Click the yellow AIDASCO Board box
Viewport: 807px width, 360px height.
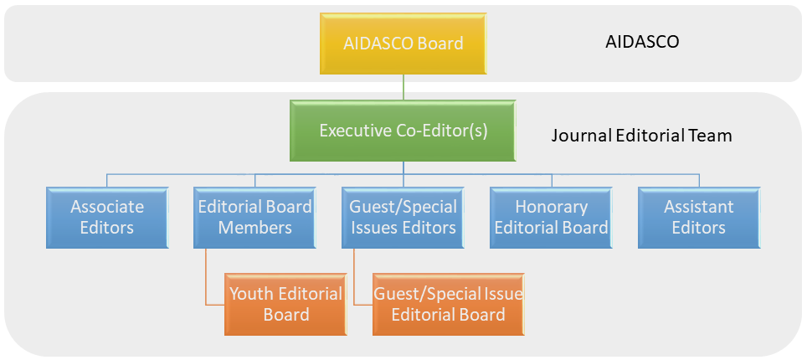[403, 42]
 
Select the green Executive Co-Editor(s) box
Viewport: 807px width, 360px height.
[403, 131]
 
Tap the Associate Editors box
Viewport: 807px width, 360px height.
[107, 217]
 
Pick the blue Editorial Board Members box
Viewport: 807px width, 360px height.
[254, 217]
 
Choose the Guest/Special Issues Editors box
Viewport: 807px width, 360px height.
[403, 217]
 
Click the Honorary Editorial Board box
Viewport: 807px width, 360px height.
[551, 217]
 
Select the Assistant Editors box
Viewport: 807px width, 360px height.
[698, 217]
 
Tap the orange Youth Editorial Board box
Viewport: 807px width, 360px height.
[285, 304]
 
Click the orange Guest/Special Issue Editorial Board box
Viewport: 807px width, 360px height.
[448, 304]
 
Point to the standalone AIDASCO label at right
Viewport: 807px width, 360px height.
[642, 42]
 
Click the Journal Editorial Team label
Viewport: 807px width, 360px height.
[641, 135]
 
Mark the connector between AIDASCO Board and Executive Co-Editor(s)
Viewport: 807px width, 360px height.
[403, 87]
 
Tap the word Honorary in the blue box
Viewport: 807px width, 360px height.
[551, 207]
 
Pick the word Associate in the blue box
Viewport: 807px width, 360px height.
[107, 207]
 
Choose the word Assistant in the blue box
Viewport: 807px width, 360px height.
[698, 207]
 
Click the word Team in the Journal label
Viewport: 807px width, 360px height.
[712, 135]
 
